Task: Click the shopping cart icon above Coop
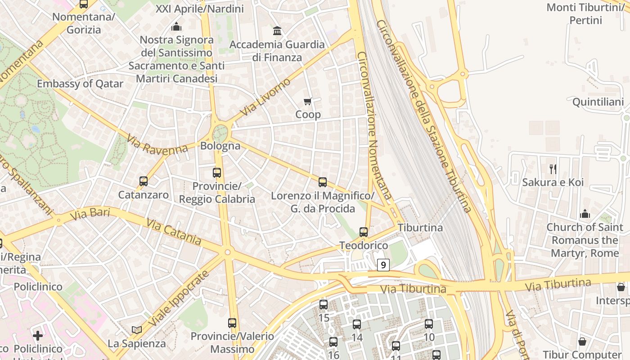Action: [x=308, y=101]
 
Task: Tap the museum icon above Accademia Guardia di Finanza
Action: [x=278, y=31]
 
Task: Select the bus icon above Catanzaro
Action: [x=144, y=181]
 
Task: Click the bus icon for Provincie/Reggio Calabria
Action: [x=217, y=173]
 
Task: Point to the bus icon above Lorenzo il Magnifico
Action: [x=323, y=182]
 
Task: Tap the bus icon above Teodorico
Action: [x=364, y=232]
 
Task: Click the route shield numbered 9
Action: [x=383, y=265]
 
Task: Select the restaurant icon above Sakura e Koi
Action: [x=553, y=169]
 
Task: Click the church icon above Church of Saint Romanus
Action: [x=585, y=214]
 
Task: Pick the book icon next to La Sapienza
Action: [x=137, y=330]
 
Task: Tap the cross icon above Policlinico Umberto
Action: [x=38, y=335]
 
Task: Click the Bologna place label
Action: [x=220, y=146]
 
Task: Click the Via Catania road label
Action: [x=174, y=232]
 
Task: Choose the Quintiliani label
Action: [x=598, y=102]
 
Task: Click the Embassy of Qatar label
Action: [x=80, y=84]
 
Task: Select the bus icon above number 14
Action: [x=357, y=324]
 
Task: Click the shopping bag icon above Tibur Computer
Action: [x=582, y=342]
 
